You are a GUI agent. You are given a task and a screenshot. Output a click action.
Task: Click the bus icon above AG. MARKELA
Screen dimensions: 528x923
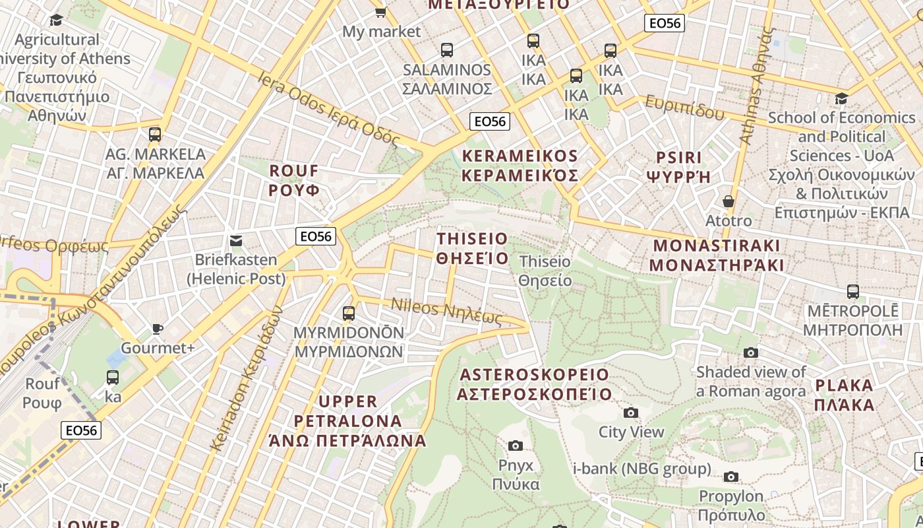coord(155,135)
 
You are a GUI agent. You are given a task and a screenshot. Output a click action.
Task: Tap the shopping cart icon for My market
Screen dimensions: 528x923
coord(380,12)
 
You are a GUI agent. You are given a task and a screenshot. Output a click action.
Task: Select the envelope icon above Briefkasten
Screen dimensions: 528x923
coord(235,241)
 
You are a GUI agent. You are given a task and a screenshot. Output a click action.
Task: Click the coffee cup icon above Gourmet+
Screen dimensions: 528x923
coord(158,329)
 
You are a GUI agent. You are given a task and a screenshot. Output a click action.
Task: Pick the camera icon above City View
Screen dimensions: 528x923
coord(631,413)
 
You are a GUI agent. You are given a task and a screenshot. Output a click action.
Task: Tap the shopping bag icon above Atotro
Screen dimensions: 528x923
coord(729,201)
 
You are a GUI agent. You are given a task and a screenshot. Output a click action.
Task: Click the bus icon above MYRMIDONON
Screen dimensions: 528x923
coord(349,313)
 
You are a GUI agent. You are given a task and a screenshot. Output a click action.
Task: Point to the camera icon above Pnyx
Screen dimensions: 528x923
coord(516,446)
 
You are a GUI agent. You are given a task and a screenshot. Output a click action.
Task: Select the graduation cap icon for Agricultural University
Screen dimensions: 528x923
coord(56,20)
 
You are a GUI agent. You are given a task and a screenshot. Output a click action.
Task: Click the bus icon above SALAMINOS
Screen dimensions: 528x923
coord(447,50)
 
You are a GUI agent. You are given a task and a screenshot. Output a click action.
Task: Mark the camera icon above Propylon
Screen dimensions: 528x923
coord(731,477)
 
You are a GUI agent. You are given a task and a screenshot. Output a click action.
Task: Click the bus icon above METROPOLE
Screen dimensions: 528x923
coord(852,292)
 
